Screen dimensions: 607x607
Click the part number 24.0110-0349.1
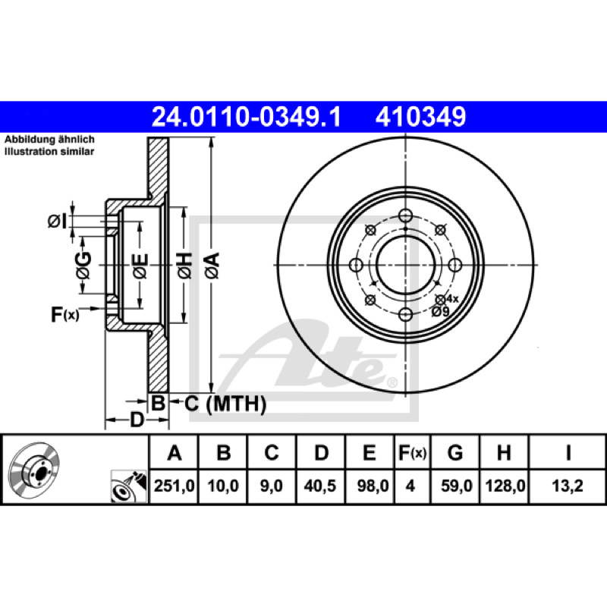click(x=246, y=117)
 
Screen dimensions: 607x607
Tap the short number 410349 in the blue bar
click(x=420, y=117)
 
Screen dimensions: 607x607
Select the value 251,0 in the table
click(x=174, y=486)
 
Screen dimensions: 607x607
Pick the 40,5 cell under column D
click(x=319, y=486)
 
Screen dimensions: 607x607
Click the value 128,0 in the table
click(x=505, y=486)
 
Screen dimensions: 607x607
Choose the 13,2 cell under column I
click(x=567, y=486)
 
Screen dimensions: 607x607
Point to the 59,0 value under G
click(x=457, y=486)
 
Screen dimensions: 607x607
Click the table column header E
click(x=369, y=452)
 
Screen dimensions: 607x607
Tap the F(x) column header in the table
click(x=412, y=452)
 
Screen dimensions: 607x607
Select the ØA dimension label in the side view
click(x=212, y=266)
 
